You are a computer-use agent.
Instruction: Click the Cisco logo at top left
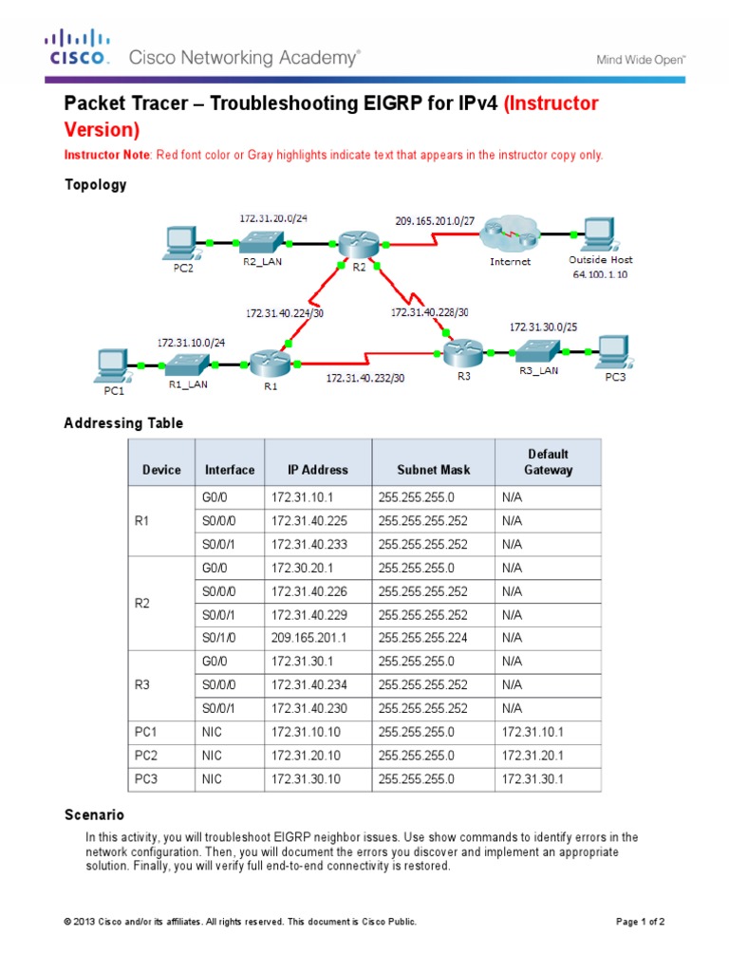(80, 49)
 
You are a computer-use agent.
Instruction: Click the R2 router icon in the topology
(360, 244)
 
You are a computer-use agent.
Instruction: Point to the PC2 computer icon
(180, 243)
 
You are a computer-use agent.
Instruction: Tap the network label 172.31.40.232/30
(365, 377)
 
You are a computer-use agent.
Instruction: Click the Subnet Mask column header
(423, 469)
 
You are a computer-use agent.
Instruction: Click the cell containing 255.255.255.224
(422, 638)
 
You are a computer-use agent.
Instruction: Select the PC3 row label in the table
(145, 778)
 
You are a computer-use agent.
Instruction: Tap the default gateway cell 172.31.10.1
(533, 732)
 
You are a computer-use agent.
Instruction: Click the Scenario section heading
(94, 814)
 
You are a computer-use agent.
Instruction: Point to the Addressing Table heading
(123, 422)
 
